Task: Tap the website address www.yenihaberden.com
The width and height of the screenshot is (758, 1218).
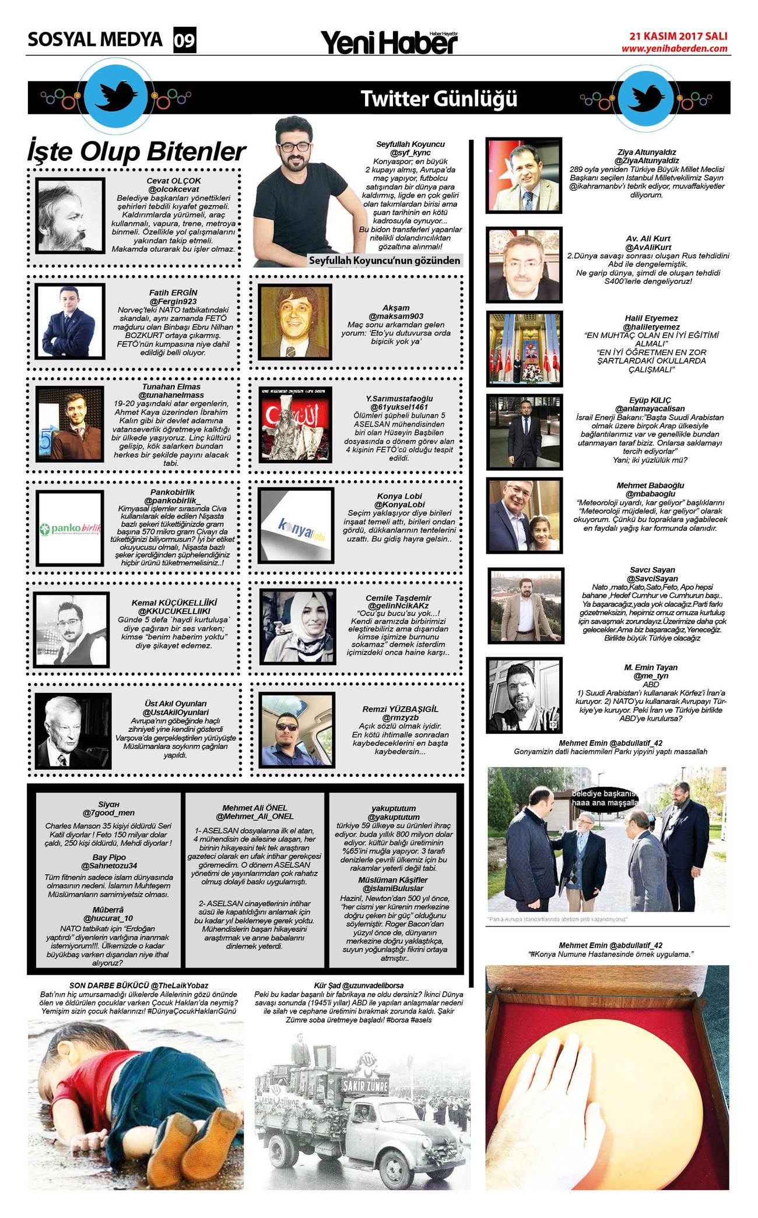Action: (674, 48)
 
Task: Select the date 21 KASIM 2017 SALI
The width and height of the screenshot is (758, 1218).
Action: (678, 36)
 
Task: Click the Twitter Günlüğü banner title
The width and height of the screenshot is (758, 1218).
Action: (438, 98)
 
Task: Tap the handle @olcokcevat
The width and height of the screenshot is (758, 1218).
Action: (173, 189)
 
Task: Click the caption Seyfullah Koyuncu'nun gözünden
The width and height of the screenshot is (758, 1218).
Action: (384, 260)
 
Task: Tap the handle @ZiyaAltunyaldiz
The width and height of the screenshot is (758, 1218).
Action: (646, 160)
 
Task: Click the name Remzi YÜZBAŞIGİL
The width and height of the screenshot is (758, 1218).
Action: (400, 709)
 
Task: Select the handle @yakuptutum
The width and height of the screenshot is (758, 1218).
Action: (394, 817)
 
